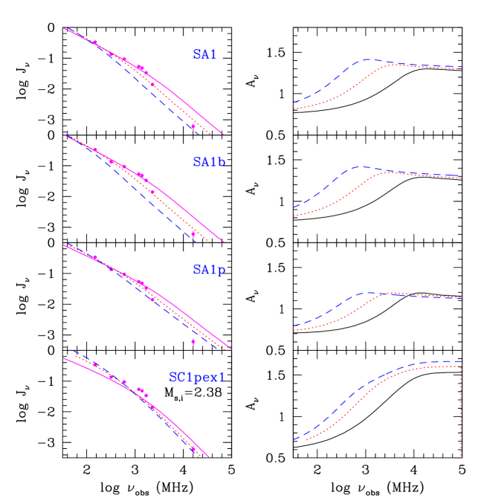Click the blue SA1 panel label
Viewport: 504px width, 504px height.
(204, 54)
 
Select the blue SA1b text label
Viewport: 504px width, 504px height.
(209, 162)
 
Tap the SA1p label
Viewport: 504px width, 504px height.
(209, 270)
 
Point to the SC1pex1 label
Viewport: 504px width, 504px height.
(197, 378)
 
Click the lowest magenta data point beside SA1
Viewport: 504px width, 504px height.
(193, 126)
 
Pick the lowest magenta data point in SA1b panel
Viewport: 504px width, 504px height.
(193, 233)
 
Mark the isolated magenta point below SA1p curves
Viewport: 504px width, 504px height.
(193, 341)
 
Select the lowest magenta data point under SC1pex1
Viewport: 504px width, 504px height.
(193, 449)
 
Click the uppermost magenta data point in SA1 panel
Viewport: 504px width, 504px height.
(95, 43)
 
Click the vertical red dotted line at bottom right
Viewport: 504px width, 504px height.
(462, 409)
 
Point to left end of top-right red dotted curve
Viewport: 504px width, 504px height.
(294, 109)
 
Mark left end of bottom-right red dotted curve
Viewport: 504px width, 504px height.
(306, 439)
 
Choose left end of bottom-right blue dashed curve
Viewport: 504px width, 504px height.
(294, 439)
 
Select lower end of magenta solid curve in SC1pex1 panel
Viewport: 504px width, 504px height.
(210, 457)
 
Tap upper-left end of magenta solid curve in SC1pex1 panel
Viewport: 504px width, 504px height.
(65, 358)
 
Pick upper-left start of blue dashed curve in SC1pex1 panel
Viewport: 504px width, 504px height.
(73, 350)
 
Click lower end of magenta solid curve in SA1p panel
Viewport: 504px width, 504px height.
(230, 348)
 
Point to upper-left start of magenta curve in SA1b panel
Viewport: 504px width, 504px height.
(65, 135)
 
